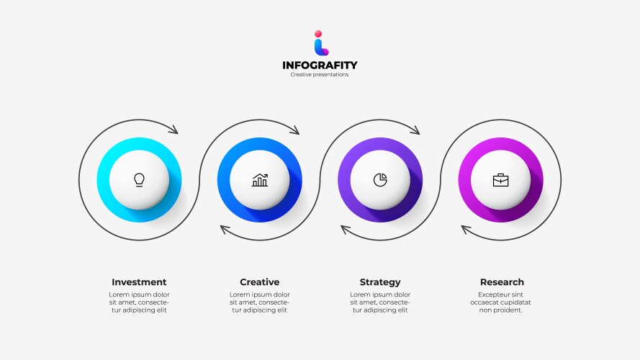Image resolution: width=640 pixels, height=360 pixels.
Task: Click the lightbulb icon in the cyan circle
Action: tap(139, 179)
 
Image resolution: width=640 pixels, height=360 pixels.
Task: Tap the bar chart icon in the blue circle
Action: tap(260, 179)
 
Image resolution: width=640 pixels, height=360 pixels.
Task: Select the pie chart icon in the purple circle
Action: tap(380, 179)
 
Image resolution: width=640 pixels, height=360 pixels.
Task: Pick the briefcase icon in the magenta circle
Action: tap(500, 179)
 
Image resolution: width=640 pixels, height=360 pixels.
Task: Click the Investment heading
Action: tap(139, 282)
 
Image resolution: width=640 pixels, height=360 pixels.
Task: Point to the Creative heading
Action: tap(259, 282)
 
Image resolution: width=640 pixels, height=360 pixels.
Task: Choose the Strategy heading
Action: tap(380, 282)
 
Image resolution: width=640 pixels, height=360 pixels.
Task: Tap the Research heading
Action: tap(502, 282)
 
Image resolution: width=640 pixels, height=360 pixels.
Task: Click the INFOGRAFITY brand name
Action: tap(320, 66)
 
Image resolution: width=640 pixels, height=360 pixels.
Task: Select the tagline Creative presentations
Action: tap(320, 75)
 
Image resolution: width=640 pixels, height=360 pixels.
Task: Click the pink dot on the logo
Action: tap(317, 33)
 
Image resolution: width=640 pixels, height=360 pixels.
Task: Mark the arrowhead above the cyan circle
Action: tap(173, 130)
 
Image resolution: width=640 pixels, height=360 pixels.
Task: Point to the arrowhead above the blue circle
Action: tap(294, 130)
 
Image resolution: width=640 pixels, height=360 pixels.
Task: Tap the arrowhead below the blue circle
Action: tap(225, 230)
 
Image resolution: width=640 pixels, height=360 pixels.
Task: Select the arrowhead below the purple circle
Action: tap(346, 230)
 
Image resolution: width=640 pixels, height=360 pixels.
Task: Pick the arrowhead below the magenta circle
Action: tap(466, 230)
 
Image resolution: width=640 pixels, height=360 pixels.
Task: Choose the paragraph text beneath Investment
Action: tap(139, 302)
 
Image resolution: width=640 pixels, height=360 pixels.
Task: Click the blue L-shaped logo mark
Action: tap(320, 47)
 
